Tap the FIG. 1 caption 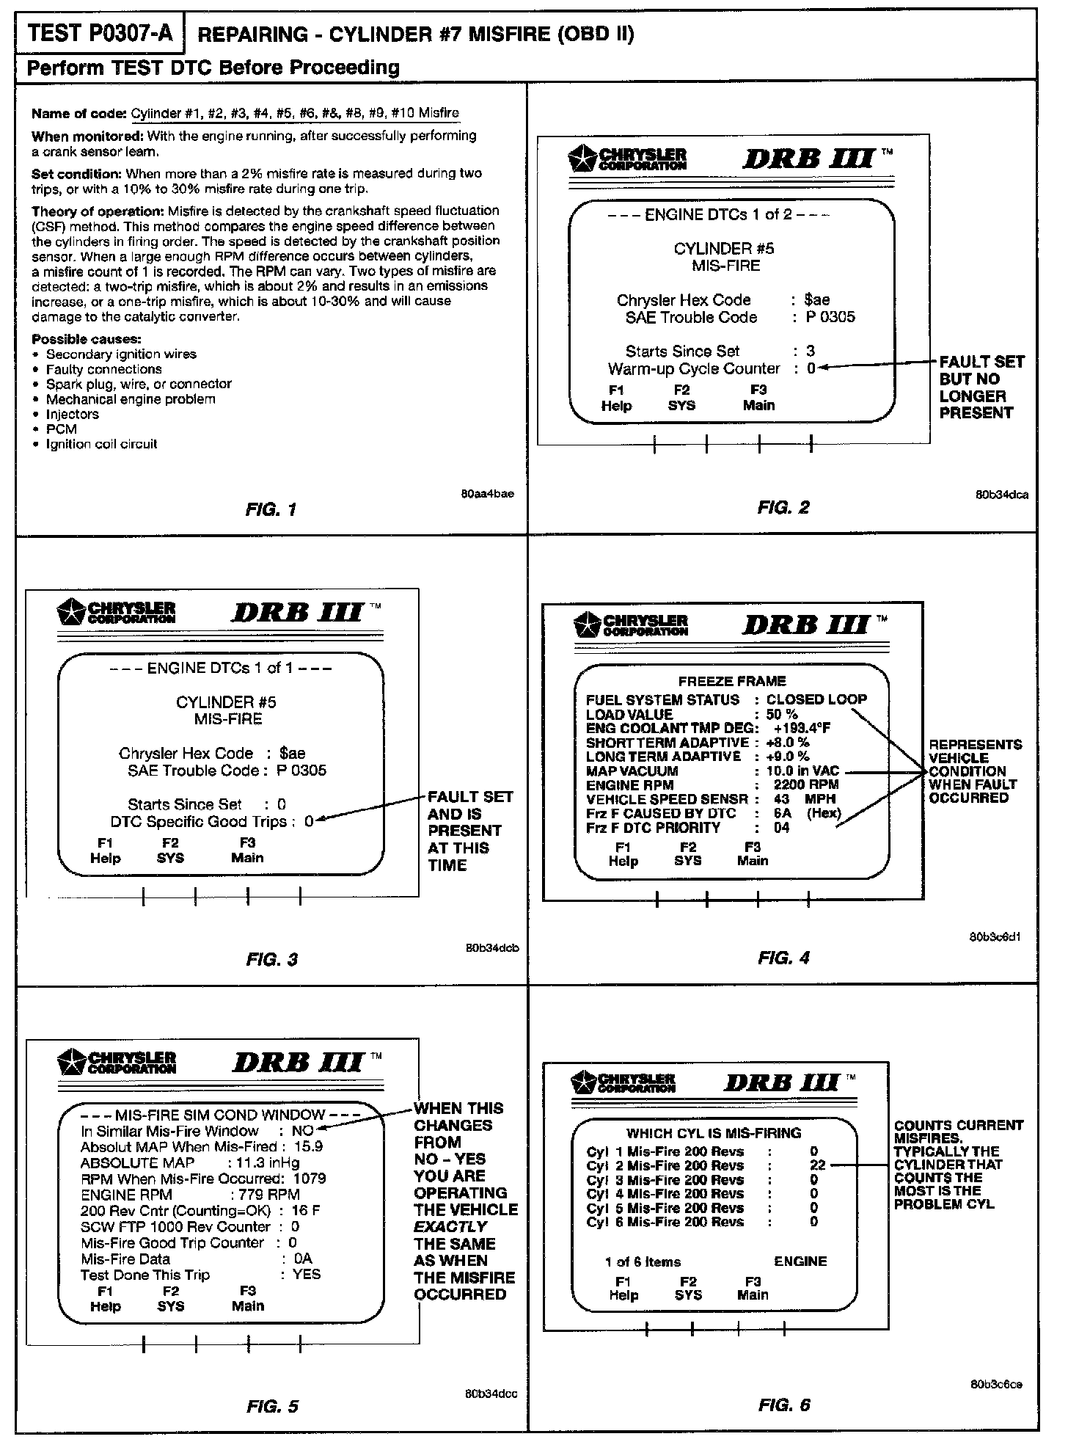(x=271, y=509)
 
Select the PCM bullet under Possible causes (x=62, y=429)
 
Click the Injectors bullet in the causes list (x=72, y=414)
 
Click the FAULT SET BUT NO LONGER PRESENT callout (x=981, y=387)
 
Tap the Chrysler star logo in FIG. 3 (x=71, y=611)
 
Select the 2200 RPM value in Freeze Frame (x=806, y=784)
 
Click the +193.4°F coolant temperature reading (x=802, y=728)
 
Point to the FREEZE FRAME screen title (x=731, y=681)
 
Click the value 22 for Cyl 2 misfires (x=817, y=1165)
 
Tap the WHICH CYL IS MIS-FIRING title (x=714, y=1133)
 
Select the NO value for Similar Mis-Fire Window (x=302, y=1131)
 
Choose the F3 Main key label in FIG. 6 (x=753, y=1288)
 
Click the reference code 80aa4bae (x=487, y=494)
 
